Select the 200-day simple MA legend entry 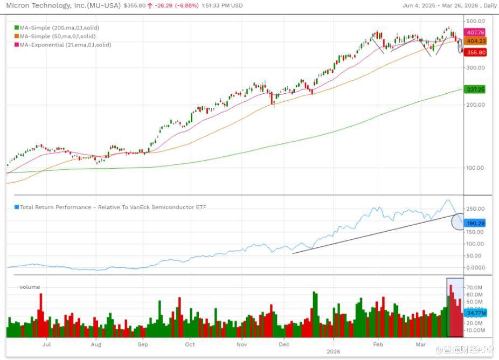[59, 27]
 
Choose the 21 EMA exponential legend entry [65, 45]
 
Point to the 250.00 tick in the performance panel [475, 209]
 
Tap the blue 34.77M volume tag [476, 313]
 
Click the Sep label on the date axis [143, 343]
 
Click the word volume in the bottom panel [30, 287]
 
